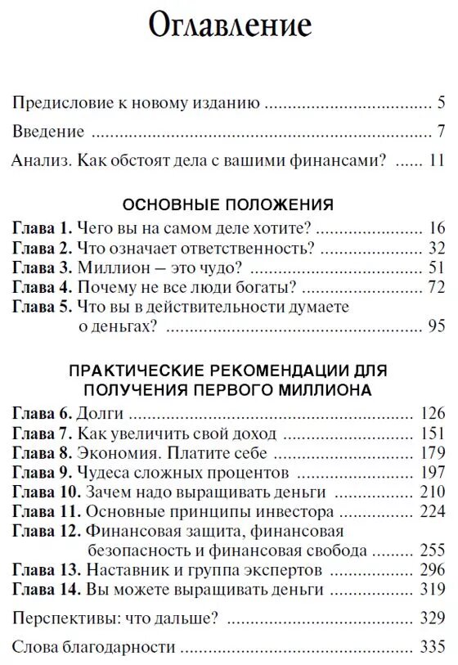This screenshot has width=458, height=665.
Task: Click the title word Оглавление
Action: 230,27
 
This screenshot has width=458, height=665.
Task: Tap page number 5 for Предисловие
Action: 440,104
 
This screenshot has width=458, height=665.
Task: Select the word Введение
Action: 48,132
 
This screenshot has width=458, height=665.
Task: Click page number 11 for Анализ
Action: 435,160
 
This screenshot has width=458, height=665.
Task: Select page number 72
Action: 435,286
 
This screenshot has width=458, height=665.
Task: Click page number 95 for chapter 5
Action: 435,326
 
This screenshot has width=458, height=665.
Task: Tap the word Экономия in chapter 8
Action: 114,453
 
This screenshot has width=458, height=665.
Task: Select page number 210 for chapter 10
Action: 431,492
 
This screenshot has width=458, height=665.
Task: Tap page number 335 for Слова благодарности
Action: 431,648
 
